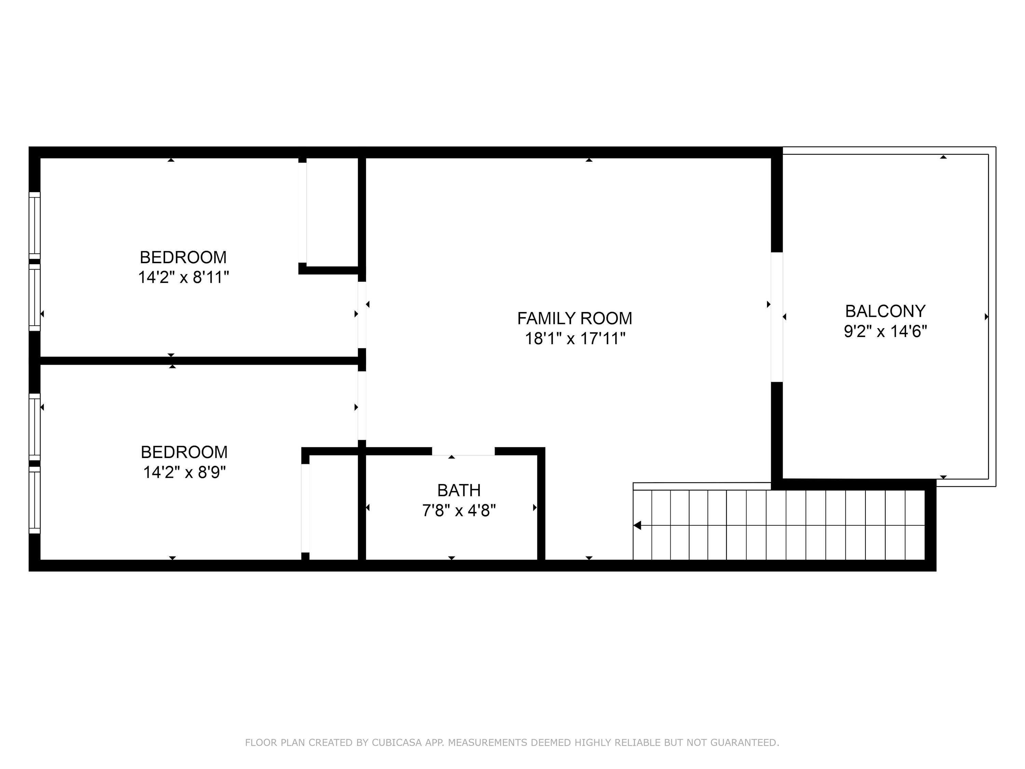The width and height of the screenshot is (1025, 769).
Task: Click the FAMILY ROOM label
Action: pyautogui.click(x=575, y=319)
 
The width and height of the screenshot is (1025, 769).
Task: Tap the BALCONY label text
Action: pyautogui.click(x=885, y=311)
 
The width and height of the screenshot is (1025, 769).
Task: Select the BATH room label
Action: pyautogui.click(x=459, y=490)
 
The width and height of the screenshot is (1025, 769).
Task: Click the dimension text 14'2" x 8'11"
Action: pyautogui.click(x=183, y=278)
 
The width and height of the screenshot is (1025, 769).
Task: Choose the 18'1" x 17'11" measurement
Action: pyautogui.click(x=575, y=339)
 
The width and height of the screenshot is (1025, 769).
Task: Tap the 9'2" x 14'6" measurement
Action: pyautogui.click(x=885, y=332)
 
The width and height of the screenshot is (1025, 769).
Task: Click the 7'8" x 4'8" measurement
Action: pyautogui.click(x=459, y=511)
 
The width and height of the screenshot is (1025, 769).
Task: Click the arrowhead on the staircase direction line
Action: pyautogui.click(x=637, y=525)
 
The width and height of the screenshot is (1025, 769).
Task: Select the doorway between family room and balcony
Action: pyautogui.click(x=777, y=317)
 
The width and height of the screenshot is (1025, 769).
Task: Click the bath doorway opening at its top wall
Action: pyautogui.click(x=463, y=451)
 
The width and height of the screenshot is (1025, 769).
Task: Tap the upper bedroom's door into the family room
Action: pyautogui.click(x=362, y=315)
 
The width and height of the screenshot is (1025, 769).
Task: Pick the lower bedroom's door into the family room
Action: pyautogui.click(x=362, y=406)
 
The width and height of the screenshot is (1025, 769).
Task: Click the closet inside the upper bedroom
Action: pyautogui.click(x=332, y=212)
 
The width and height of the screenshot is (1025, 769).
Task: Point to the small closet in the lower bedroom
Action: pyautogui.click(x=333, y=507)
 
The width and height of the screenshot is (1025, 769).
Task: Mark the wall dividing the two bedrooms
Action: pyautogui.click(x=199, y=361)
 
